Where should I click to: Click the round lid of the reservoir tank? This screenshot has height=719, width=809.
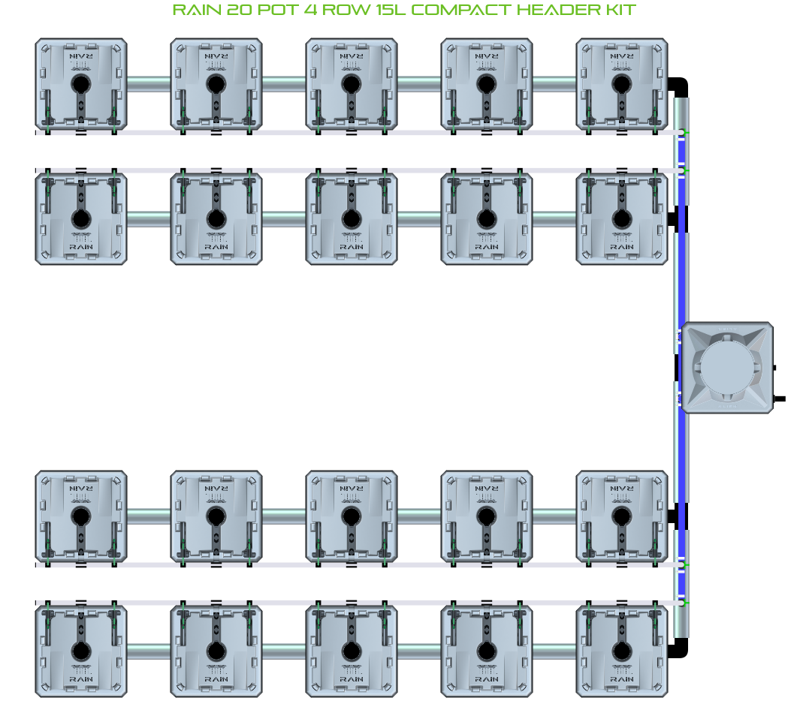pyautogui.click(x=726, y=367)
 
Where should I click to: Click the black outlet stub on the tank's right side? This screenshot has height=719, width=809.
pyautogui.click(x=779, y=398)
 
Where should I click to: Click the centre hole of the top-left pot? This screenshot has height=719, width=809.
pyautogui.click(x=80, y=84)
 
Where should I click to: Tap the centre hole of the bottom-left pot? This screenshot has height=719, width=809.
pyautogui.click(x=80, y=651)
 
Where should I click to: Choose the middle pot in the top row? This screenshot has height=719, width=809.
pyautogui.click(x=351, y=84)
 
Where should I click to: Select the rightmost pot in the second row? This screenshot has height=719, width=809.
pyautogui.click(x=621, y=219)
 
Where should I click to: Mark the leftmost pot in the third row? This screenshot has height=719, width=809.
pyautogui.click(x=80, y=516)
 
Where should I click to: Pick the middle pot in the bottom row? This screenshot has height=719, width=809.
pyautogui.click(x=351, y=651)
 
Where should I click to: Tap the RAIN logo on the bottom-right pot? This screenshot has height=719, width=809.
pyautogui.click(x=621, y=678)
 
